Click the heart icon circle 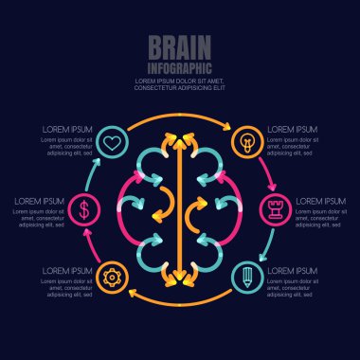111,144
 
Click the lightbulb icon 248,144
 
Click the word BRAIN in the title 179,49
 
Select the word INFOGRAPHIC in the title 179,68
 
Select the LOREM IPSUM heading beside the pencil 292,271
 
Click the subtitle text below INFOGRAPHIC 179,85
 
